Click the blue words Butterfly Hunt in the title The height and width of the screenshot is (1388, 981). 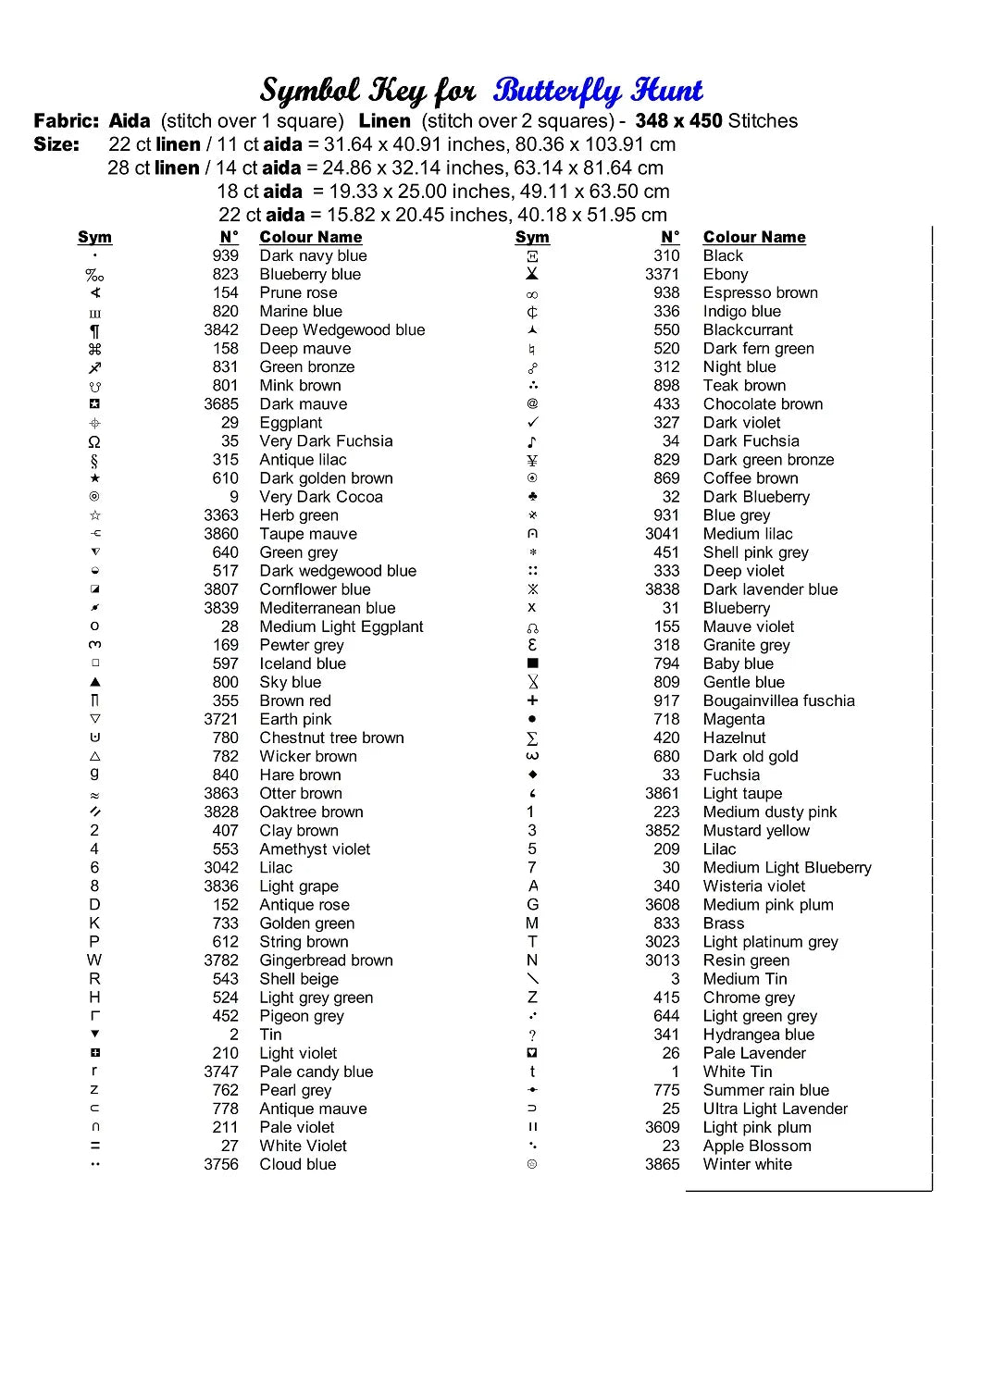pyautogui.click(x=598, y=91)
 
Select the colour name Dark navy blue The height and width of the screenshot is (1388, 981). pyautogui.click(x=313, y=255)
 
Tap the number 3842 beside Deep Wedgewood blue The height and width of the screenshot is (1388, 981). pyautogui.click(x=221, y=329)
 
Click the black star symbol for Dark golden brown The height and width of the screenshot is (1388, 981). pyautogui.click(x=94, y=478)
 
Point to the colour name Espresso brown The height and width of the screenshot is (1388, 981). pyautogui.click(x=760, y=292)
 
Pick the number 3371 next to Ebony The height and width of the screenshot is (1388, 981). pyautogui.click(x=662, y=274)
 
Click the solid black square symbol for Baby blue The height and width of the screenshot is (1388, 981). pyautogui.click(x=532, y=663)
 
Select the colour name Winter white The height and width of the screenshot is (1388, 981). pyautogui.click(x=747, y=1164)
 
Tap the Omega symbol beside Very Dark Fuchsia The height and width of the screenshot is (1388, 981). pyautogui.click(x=94, y=441)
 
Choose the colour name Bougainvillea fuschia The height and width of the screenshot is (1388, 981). pyautogui.click(x=778, y=700)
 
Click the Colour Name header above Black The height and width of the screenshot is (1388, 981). pyautogui.click(x=754, y=237)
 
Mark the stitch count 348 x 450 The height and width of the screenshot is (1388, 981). pyautogui.click(x=678, y=120)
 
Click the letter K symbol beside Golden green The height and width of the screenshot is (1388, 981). pyautogui.click(x=94, y=923)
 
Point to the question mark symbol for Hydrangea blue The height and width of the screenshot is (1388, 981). pyautogui.click(x=532, y=1035)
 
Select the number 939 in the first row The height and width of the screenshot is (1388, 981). pyautogui.click(x=225, y=255)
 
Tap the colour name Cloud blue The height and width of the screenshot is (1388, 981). pyautogui.click(x=297, y=1164)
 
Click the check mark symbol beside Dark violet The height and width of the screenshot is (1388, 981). pyautogui.click(x=532, y=423)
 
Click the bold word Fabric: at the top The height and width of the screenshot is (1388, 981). pyautogui.click(x=66, y=120)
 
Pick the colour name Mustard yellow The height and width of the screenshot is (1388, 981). pyautogui.click(x=755, y=830)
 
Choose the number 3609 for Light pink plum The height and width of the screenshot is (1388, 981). pyautogui.click(x=662, y=1127)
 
